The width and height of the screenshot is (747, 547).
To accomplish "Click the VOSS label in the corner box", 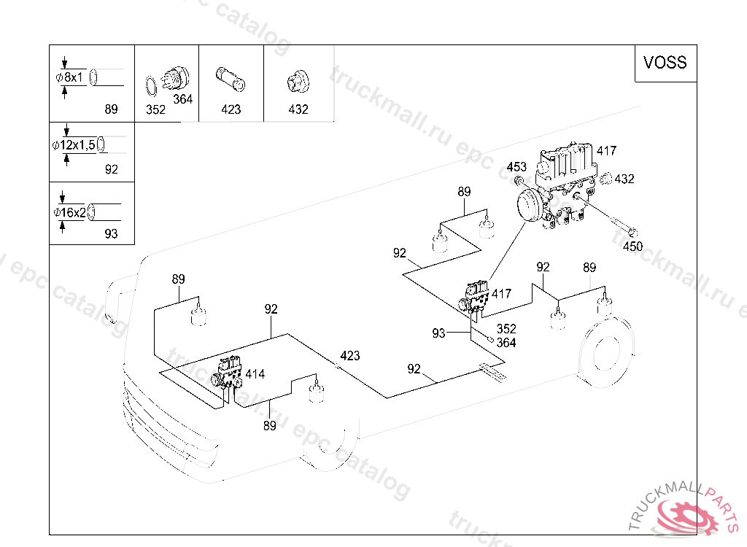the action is pyautogui.click(x=665, y=63).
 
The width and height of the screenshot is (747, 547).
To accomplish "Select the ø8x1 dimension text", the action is pyautogui.click(x=69, y=77).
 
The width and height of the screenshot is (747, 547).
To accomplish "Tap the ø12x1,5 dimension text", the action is pyautogui.click(x=74, y=145).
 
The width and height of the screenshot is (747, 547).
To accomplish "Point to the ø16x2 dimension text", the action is pyautogui.click(x=69, y=212).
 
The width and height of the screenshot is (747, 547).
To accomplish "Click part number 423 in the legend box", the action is pyautogui.click(x=231, y=109).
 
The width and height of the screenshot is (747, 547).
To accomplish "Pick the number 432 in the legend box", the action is pyautogui.click(x=298, y=109).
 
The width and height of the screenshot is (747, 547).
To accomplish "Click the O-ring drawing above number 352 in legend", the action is pyautogui.click(x=150, y=86).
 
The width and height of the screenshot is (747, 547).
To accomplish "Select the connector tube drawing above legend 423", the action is pyautogui.click(x=231, y=79).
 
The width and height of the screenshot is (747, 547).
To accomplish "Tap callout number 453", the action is pyautogui.click(x=516, y=167).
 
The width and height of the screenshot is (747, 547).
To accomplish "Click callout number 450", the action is pyautogui.click(x=632, y=247).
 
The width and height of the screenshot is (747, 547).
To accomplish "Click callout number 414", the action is pyautogui.click(x=255, y=374).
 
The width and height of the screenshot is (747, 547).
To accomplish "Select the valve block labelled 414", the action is pyautogui.click(x=228, y=373).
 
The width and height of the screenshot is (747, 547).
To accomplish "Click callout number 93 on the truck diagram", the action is pyautogui.click(x=438, y=333).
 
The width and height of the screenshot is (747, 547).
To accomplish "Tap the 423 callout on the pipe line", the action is pyautogui.click(x=349, y=356).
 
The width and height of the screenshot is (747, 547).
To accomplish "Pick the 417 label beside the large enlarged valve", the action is pyautogui.click(x=606, y=151).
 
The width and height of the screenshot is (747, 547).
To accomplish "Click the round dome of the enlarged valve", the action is pyautogui.click(x=529, y=205).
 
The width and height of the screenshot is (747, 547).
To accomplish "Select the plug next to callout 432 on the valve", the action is pyautogui.click(x=605, y=179).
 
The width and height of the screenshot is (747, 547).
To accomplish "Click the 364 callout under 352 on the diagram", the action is pyautogui.click(x=506, y=343).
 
